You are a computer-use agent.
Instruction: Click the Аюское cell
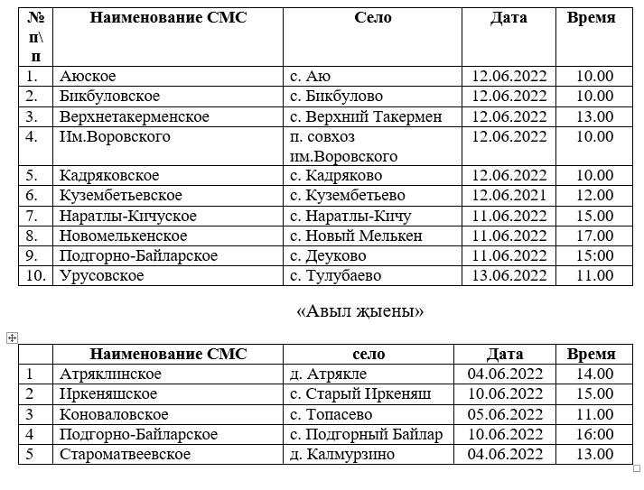pos(89,77)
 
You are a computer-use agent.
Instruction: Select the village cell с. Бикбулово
pos(336,97)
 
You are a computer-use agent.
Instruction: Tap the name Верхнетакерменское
pos(135,116)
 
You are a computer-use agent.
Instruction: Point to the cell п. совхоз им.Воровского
pos(344,146)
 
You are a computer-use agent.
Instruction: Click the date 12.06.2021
pos(509,196)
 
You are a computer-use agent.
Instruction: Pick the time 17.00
pos(595,236)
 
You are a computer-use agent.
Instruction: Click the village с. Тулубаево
pos(335,275)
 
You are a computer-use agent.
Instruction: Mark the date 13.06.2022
pos(509,275)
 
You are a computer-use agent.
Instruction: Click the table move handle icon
pos(12,337)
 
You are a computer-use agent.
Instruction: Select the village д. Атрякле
pos(328,374)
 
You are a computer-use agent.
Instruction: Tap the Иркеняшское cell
pos(108,394)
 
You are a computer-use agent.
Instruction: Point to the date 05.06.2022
pos(505,414)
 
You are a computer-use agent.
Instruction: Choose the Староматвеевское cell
pos(126,454)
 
